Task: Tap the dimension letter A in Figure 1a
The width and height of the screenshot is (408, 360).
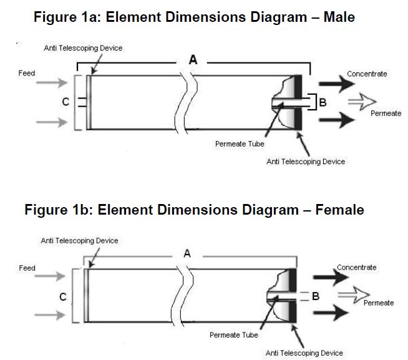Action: pos(193,61)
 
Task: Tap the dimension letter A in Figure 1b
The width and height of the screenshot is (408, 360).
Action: pos(187,253)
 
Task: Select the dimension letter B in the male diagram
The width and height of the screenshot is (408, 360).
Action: pos(323,102)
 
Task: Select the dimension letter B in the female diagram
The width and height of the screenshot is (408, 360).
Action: pos(316,296)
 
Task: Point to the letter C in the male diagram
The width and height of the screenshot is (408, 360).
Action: pos(65,103)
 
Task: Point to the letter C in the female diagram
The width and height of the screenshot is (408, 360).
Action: pos(63,296)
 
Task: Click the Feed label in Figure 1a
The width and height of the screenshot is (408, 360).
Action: pos(27,73)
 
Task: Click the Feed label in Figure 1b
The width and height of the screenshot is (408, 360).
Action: pos(27,268)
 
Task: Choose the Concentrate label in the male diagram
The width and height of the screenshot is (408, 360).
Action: pos(367,74)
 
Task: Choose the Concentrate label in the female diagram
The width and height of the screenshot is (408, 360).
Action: pos(356,267)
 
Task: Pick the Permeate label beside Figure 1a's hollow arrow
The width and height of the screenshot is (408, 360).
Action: pos(386,114)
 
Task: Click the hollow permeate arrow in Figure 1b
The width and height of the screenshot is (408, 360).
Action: pos(353,292)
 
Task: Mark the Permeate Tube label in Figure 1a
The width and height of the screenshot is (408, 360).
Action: pos(240,144)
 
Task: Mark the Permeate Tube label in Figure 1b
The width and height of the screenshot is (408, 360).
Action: pos(233,334)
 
